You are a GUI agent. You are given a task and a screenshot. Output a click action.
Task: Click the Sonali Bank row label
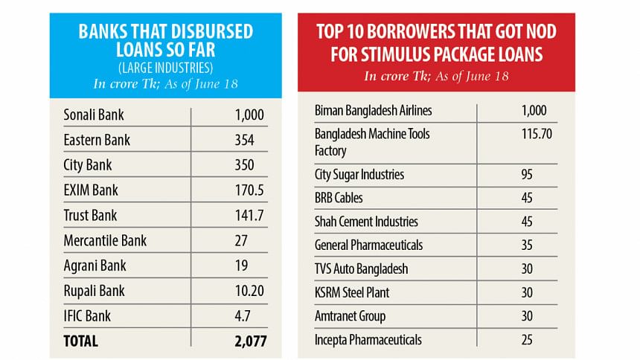point(95,115)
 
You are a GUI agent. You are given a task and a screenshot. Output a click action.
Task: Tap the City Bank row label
point(86,165)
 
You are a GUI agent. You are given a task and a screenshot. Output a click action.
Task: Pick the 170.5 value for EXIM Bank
point(243,190)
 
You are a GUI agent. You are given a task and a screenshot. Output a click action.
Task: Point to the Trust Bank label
point(90,216)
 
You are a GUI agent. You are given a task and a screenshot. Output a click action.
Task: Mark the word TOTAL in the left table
point(81,341)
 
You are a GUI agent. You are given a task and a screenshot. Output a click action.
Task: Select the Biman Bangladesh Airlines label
point(374,111)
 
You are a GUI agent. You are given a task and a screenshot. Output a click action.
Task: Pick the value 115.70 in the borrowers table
point(534,134)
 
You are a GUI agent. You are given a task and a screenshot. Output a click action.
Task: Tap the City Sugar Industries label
point(359,175)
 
